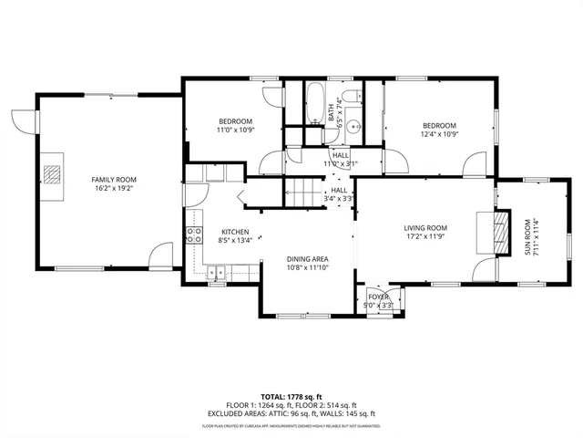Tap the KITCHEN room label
[235, 232]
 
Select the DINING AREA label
[307, 259]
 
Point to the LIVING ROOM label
[425, 227]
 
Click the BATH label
[332, 112]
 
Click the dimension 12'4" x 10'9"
[439, 133]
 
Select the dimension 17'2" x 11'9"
[425, 237]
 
